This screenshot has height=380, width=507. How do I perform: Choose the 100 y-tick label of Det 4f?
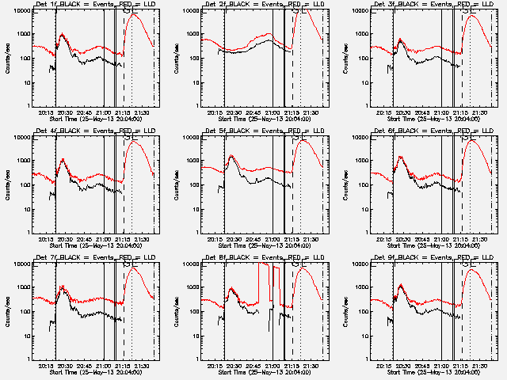pos(21,185)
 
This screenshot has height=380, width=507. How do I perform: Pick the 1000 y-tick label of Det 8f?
pos(190,287)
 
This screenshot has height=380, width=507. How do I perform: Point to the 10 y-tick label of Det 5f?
pos(193,209)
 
